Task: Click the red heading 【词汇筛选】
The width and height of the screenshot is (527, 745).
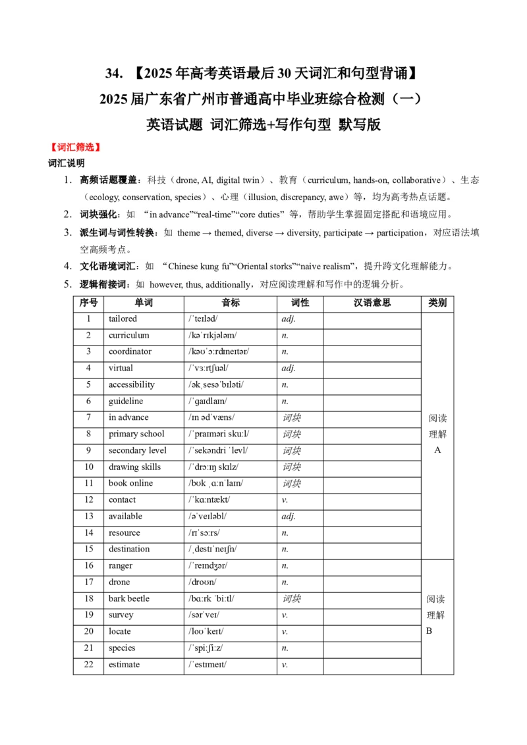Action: tap(76, 147)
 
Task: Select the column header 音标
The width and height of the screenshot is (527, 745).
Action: tap(231, 303)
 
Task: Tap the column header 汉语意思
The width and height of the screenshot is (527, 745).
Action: tap(372, 303)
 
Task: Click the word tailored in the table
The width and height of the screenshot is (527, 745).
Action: tap(123, 319)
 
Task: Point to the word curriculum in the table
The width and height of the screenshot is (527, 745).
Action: tap(129, 336)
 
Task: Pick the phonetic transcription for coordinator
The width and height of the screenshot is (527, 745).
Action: tap(219, 351)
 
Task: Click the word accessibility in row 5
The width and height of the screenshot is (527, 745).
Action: tap(132, 385)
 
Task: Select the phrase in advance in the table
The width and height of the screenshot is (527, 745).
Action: tap(128, 418)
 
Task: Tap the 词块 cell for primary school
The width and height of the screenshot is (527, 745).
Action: tap(292, 434)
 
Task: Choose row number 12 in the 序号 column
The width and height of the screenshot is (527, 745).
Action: tap(88, 500)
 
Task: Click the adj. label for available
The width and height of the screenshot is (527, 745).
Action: tap(289, 517)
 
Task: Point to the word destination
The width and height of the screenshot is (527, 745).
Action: tap(129, 550)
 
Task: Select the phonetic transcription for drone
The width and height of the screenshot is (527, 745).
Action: tap(202, 582)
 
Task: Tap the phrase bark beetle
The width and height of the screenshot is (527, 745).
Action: tap(129, 599)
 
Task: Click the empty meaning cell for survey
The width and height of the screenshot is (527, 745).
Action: tap(372, 615)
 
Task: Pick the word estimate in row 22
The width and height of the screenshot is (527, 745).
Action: tap(124, 665)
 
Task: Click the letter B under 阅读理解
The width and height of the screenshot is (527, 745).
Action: tap(429, 631)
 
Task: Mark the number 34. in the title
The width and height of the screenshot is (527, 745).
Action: tap(114, 73)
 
